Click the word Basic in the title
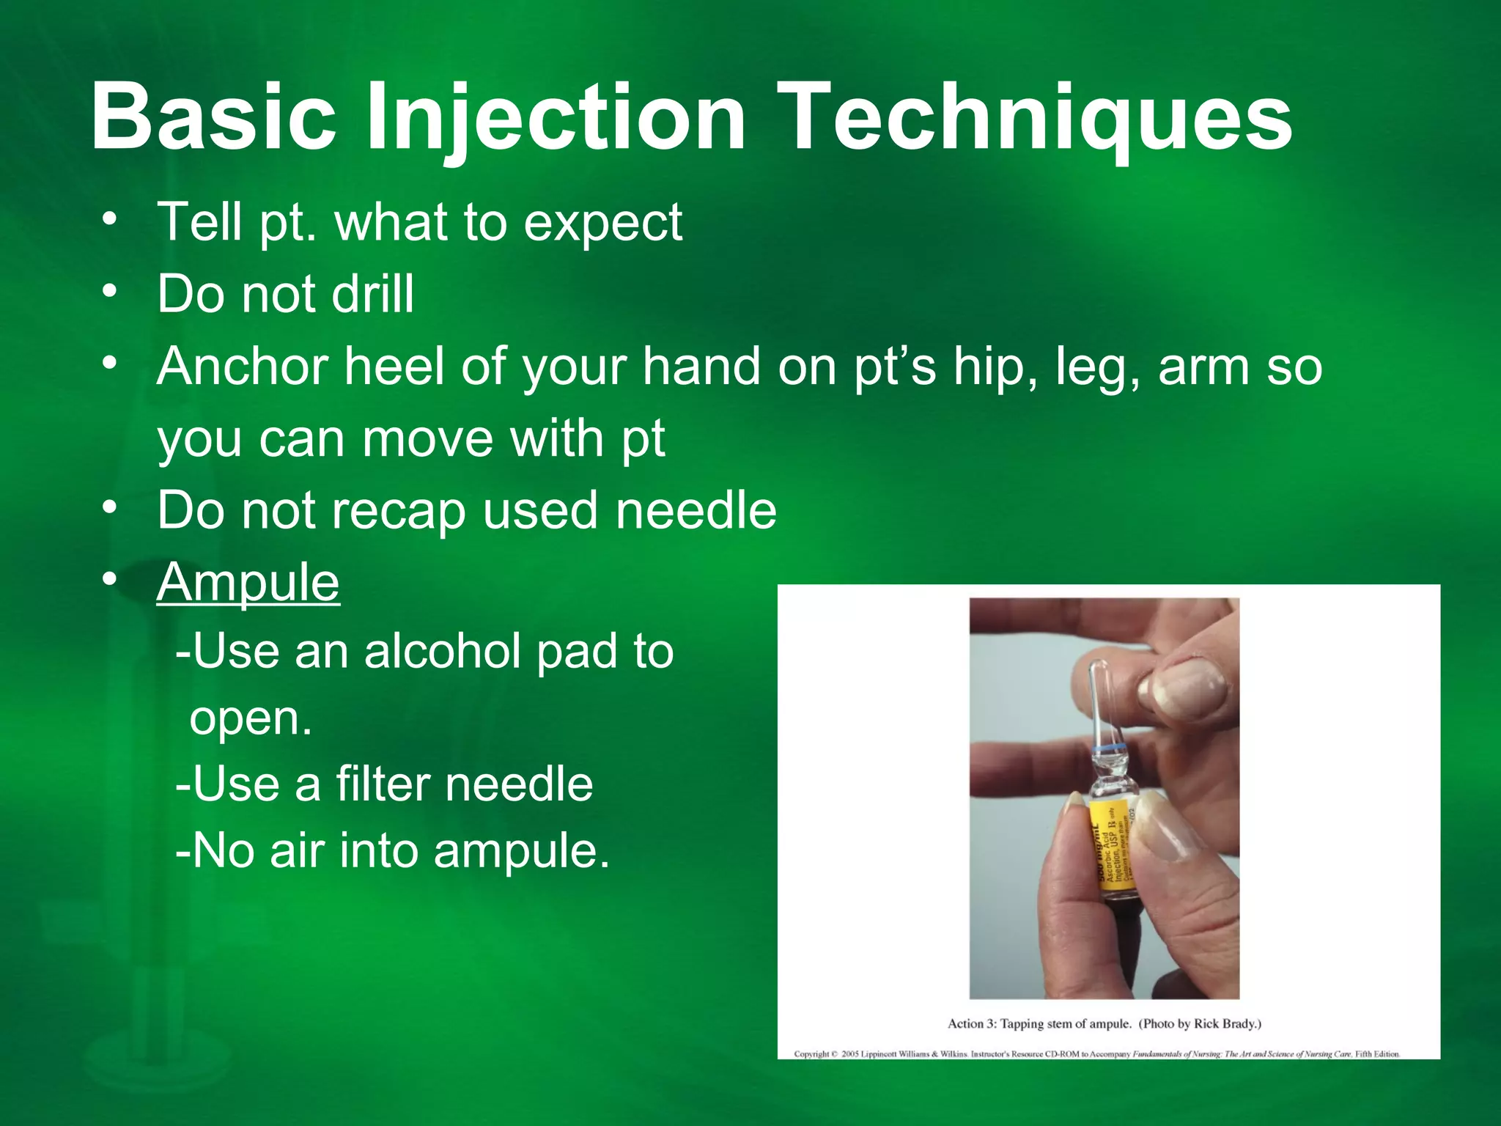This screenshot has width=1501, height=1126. click(213, 117)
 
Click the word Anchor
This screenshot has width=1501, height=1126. click(242, 366)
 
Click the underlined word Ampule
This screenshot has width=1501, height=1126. click(248, 583)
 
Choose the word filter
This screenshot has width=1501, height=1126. click(382, 784)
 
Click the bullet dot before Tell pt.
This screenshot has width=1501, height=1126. click(110, 220)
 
